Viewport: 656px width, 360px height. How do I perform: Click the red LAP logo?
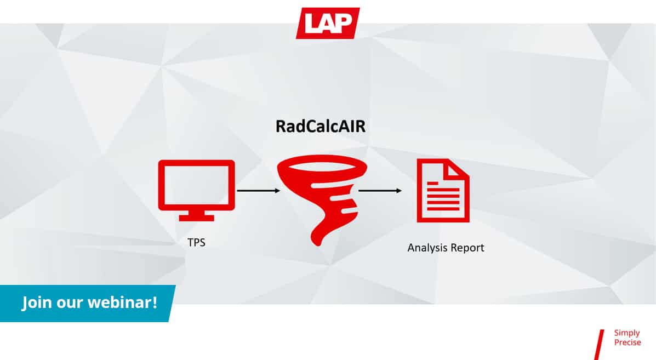click(328, 23)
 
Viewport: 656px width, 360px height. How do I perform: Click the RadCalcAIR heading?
click(321, 126)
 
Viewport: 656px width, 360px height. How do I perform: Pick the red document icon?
click(443, 190)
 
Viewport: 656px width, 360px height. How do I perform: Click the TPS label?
click(196, 243)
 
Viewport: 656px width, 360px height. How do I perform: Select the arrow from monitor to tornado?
click(258, 191)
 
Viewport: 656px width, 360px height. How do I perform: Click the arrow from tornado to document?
click(380, 191)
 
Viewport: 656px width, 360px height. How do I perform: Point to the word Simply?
click(627, 333)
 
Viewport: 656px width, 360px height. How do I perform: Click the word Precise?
click(627, 342)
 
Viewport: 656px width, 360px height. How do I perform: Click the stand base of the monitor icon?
click(196, 218)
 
